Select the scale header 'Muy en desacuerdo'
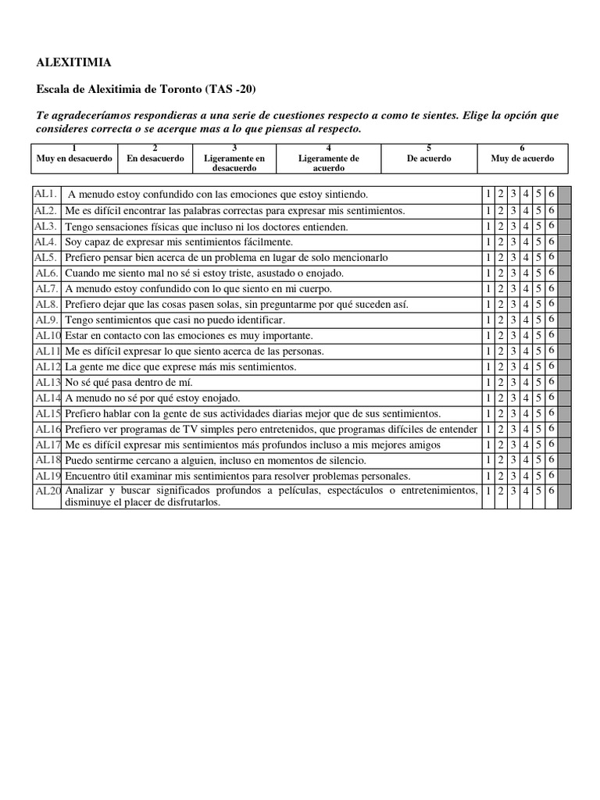click(73, 158)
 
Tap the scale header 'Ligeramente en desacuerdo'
click(234, 162)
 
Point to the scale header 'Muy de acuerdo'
click(522, 158)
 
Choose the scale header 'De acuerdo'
click(429, 158)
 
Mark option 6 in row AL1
click(552, 195)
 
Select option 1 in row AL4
click(488, 241)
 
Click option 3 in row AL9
click(513, 320)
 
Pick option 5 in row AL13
click(539, 382)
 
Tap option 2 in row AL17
click(501, 445)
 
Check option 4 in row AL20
click(527, 491)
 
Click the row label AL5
click(46, 257)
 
